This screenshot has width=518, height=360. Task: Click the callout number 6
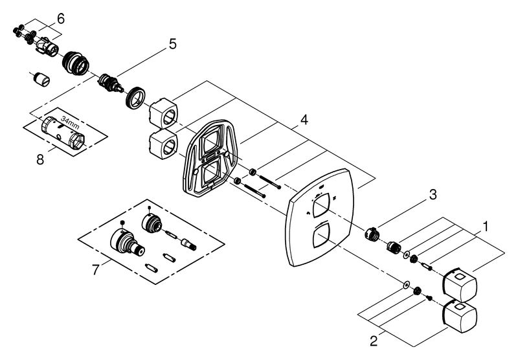tap(61, 19)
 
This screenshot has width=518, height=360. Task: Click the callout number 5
tap(173, 44)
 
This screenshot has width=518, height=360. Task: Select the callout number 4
tap(304, 120)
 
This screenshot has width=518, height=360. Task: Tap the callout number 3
tap(433, 194)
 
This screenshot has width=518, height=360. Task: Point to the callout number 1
tap(485, 227)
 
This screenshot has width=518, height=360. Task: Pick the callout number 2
tap(374, 341)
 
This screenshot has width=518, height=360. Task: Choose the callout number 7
tap(95, 270)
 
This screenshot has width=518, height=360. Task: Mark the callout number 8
tap(40, 160)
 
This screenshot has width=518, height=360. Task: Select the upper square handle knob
tap(460, 284)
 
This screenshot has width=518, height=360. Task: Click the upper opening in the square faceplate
tap(321, 205)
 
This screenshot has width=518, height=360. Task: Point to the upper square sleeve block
tap(163, 113)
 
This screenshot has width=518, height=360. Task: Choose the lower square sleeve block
tap(163, 144)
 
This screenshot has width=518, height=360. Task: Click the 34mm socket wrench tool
tap(63, 133)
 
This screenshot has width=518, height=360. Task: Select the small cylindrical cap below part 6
tap(42, 79)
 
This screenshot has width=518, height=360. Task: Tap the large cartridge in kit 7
tap(127, 242)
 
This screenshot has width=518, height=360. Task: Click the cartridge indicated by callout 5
tap(111, 84)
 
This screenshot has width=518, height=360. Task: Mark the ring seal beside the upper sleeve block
tap(136, 97)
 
